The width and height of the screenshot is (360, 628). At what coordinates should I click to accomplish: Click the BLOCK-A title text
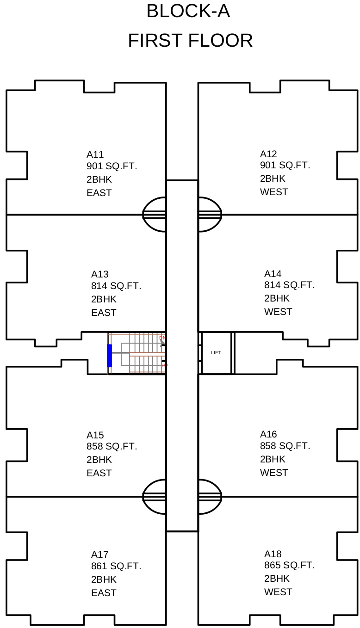coord(188,12)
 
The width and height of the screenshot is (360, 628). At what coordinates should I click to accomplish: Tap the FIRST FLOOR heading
coord(190,41)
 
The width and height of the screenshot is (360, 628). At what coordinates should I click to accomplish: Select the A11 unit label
coord(95,154)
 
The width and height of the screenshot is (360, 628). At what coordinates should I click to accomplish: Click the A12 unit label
coord(268,154)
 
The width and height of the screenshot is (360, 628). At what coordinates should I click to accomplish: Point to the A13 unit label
coord(99,274)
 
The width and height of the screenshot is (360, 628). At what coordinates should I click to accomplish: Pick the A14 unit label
coord(273,274)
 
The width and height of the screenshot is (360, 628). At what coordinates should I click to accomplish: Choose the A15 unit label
coord(95,435)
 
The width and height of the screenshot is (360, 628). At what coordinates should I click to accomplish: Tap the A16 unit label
coord(268,434)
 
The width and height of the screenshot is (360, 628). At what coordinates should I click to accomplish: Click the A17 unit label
coord(99,554)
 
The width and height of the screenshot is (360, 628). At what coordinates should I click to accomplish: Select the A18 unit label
coord(273,554)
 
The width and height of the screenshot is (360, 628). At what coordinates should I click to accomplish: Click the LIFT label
coord(216,353)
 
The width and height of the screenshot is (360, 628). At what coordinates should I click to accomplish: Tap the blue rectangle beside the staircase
coord(109,356)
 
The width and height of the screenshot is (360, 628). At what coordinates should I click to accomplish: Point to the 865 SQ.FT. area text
coord(289,565)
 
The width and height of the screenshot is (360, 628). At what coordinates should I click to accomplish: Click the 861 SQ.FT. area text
coord(116,566)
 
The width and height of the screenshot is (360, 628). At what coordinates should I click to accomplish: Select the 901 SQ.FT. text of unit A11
coord(112,166)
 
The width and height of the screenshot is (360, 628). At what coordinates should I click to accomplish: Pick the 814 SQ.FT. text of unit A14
coord(289,285)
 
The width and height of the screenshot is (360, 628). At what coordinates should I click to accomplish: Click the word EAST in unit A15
coord(99,473)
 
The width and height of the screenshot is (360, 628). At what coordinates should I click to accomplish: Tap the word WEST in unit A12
coord(274,192)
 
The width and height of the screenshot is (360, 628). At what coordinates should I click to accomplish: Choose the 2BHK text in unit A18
coord(277,579)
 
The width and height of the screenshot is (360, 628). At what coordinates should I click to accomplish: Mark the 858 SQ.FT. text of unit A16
coord(285,446)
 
